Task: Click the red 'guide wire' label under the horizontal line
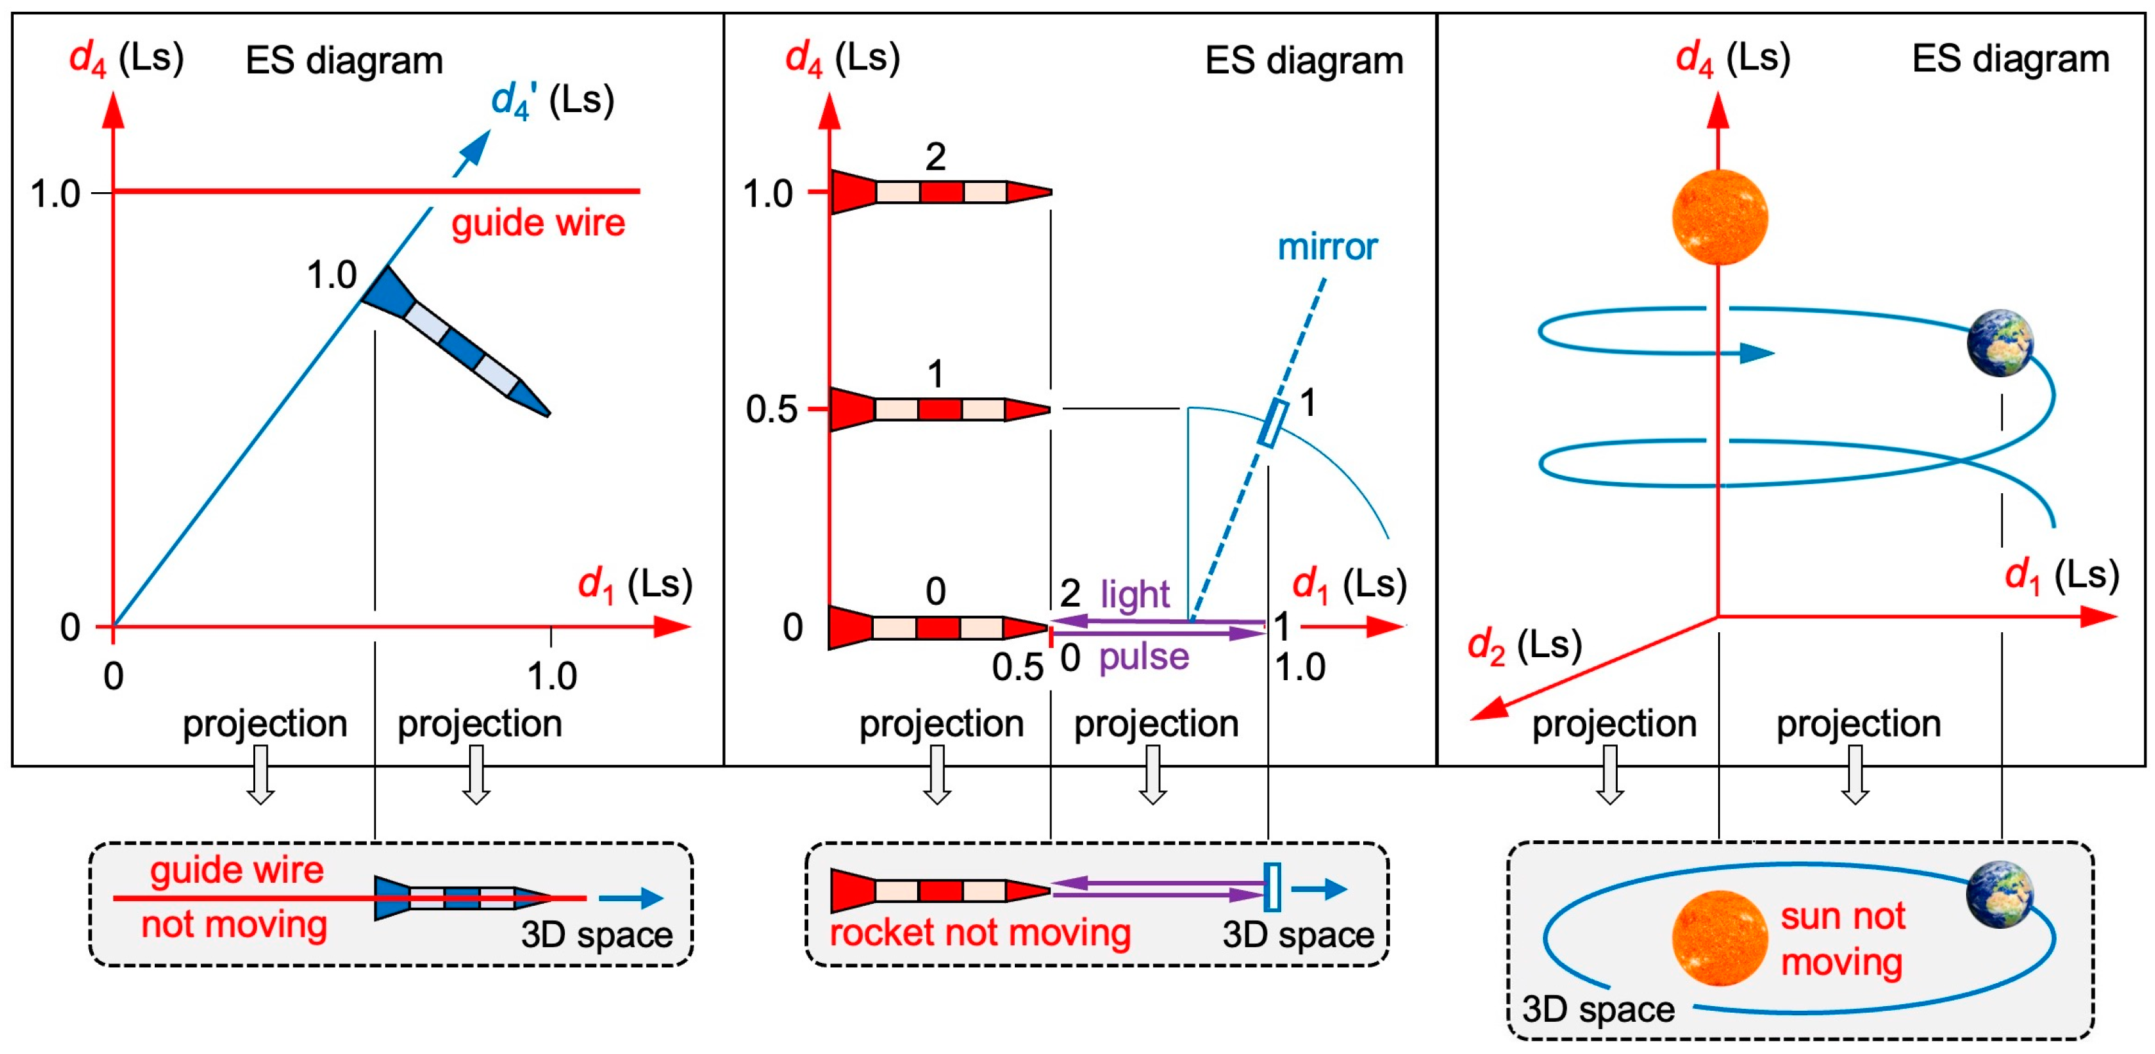[x=538, y=224]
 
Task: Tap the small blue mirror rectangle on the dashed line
[x=1273, y=423]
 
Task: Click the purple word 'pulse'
[x=1143, y=657]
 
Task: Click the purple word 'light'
[x=1134, y=595]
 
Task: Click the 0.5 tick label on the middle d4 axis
[x=771, y=411]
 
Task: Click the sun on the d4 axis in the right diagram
[x=1719, y=216]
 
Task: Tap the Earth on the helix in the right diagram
[x=2000, y=343]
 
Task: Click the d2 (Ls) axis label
[x=1524, y=646]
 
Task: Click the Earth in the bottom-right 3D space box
[x=2000, y=895]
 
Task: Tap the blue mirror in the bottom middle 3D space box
[x=1271, y=887]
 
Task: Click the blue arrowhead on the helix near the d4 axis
[x=1757, y=353]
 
